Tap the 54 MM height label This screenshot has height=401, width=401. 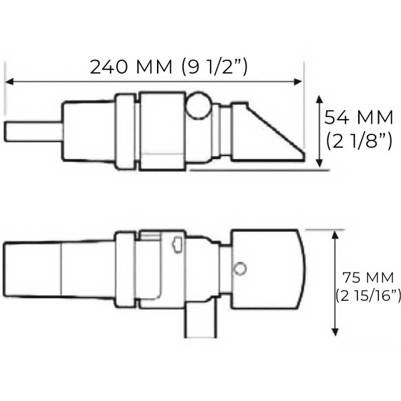pyautogui.click(x=358, y=118)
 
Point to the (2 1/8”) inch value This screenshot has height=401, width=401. pyautogui.click(x=358, y=142)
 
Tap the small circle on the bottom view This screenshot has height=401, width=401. pyautogui.click(x=240, y=269)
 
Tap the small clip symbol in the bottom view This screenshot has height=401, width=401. pyautogui.click(x=177, y=245)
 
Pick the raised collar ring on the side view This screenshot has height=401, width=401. pyautogui.click(x=126, y=131)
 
